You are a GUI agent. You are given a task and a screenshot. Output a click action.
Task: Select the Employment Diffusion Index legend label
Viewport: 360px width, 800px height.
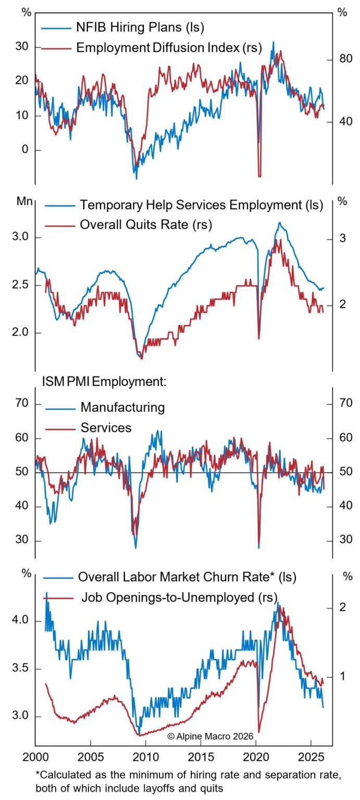(169, 48)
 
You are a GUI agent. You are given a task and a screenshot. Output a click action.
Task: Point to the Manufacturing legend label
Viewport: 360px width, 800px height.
(122, 407)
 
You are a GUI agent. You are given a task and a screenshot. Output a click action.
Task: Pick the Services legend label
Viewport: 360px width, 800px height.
(106, 428)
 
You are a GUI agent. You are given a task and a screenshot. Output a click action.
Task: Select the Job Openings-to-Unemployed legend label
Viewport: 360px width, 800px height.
(179, 597)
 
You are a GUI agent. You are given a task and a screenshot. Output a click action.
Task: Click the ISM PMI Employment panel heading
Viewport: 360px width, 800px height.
(104, 382)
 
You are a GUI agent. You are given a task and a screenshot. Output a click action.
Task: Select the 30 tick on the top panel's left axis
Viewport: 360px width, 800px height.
(22, 46)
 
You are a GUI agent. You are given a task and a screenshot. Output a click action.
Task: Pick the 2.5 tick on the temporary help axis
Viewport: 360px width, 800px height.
(20, 285)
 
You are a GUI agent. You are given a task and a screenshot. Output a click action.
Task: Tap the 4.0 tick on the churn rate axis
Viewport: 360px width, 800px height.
(20, 621)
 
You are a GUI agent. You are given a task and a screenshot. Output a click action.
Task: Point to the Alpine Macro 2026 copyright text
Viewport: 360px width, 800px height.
(210, 736)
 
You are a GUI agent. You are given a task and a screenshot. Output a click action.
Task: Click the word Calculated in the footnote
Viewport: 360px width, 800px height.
(63, 774)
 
